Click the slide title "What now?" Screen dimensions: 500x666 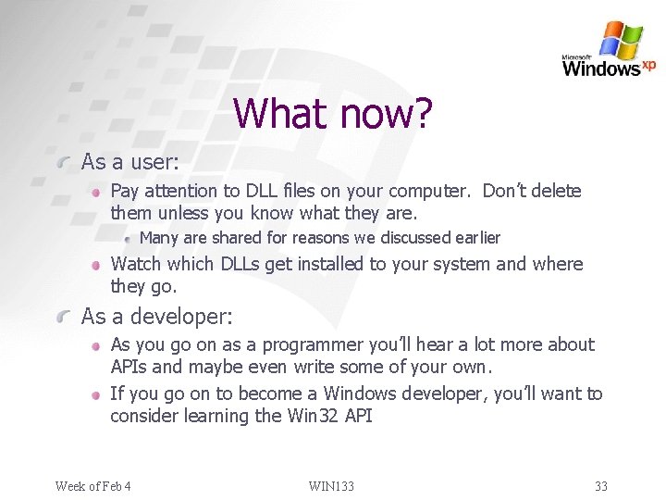pyautogui.click(x=332, y=114)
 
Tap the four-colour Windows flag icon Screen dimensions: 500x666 pyautogui.click(x=621, y=41)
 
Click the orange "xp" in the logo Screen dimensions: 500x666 pyautogui.click(x=648, y=65)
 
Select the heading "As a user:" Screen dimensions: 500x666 pyautogui.click(x=129, y=162)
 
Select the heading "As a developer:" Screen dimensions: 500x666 pyautogui.click(x=157, y=317)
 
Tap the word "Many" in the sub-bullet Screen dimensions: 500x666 pyautogui.click(x=158, y=238)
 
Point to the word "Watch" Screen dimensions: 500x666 pyautogui.click(x=135, y=264)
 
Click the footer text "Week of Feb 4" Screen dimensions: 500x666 pyautogui.click(x=92, y=485)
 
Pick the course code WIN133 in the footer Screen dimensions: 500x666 pyautogui.click(x=331, y=485)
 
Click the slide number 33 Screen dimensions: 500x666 pyautogui.click(x=600, y=485)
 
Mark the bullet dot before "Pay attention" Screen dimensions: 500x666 pyautogui.click(x=95, y=193)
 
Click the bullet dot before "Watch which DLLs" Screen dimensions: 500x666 pyautogui.click(x=95, y=265)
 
